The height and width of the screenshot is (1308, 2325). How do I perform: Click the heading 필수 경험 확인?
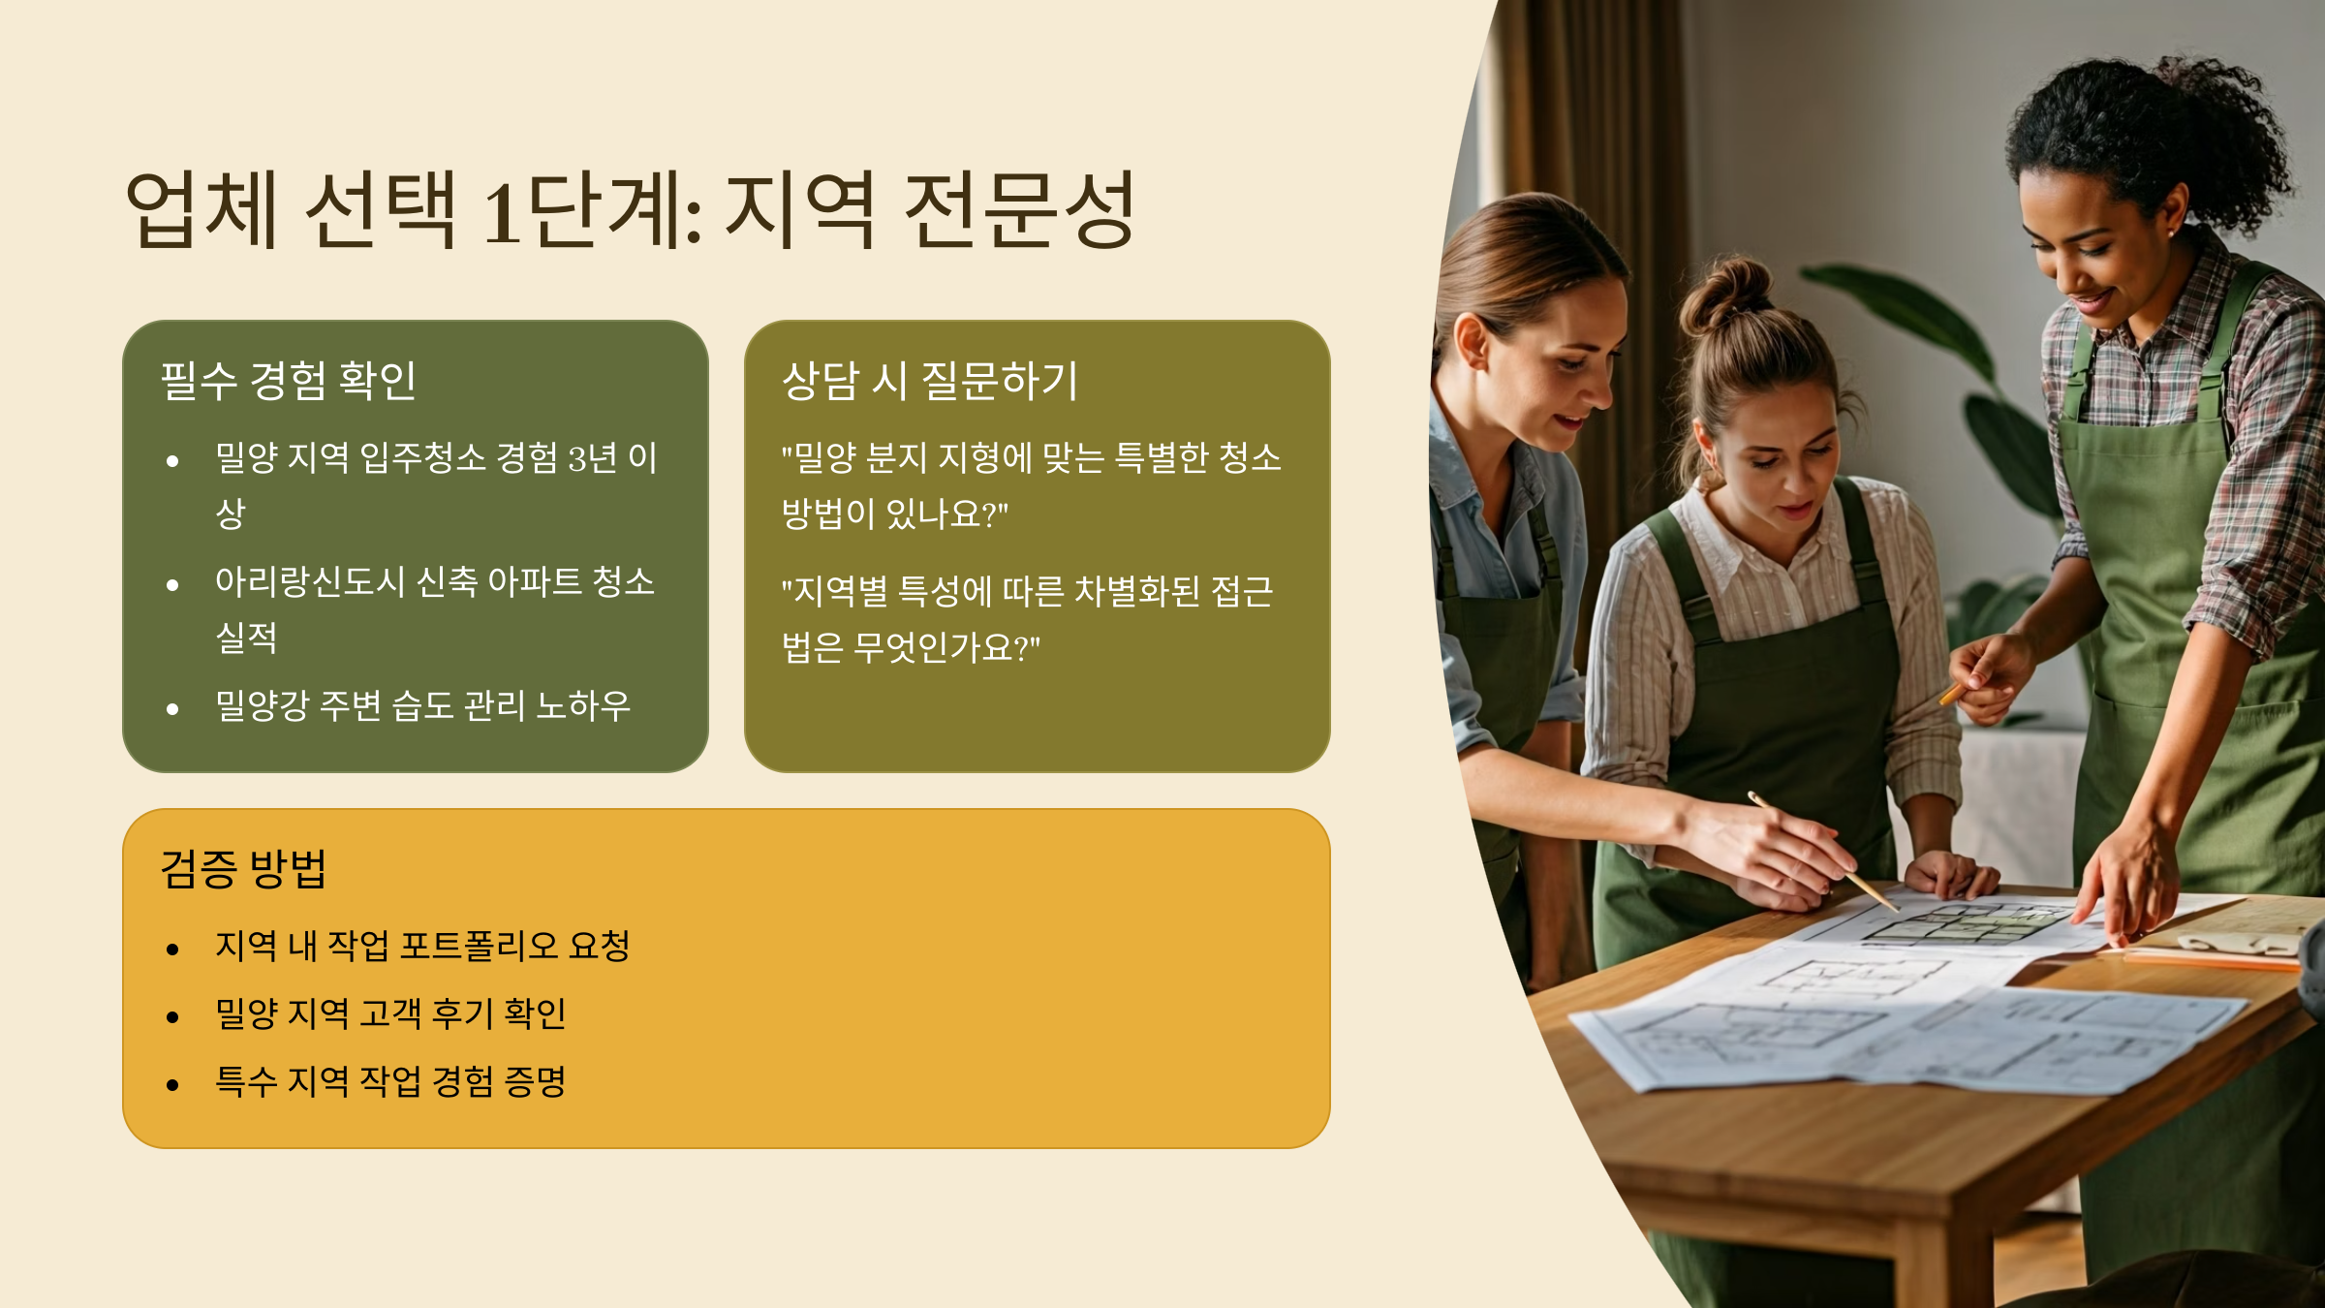288,380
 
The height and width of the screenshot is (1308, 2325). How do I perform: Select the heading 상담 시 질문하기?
929,380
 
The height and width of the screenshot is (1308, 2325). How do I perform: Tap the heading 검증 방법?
243,868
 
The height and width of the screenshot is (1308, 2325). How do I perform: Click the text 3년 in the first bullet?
592,457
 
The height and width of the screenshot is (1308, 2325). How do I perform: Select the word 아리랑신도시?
309,581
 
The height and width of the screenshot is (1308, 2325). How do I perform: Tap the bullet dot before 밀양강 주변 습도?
172,709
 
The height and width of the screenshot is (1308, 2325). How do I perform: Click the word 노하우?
583,705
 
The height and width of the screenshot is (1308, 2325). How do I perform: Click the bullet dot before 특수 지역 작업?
172,1085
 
